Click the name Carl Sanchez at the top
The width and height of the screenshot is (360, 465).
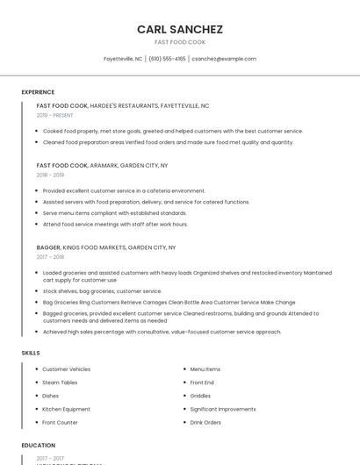[180, 29]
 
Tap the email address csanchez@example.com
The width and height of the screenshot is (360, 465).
[224, 59]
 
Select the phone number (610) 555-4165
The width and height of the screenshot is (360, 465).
[167, 59]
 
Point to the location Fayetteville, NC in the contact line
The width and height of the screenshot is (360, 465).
[123, 59]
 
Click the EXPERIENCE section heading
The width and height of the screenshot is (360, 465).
[38, 92]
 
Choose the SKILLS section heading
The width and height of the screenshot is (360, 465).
[31, 353]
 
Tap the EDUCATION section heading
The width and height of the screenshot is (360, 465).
[38, 446]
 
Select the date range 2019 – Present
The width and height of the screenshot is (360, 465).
[55, 115]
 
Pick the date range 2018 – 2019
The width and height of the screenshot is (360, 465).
[50, 175]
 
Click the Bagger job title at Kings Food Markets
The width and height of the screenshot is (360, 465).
[48, 247]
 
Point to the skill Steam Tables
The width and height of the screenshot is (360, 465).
[60, 383]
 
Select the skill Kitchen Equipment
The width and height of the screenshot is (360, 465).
[66, 409]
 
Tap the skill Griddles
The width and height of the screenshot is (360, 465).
[200, 396]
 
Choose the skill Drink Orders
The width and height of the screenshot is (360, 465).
[205, 422]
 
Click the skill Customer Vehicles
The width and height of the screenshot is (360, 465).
[66, 369]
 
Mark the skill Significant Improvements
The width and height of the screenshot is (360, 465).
[223, 409]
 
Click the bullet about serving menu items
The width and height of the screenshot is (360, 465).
[114, 212]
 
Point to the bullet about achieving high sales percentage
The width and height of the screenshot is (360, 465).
[162, 332]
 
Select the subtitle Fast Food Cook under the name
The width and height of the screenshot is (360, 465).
[180, 42]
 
